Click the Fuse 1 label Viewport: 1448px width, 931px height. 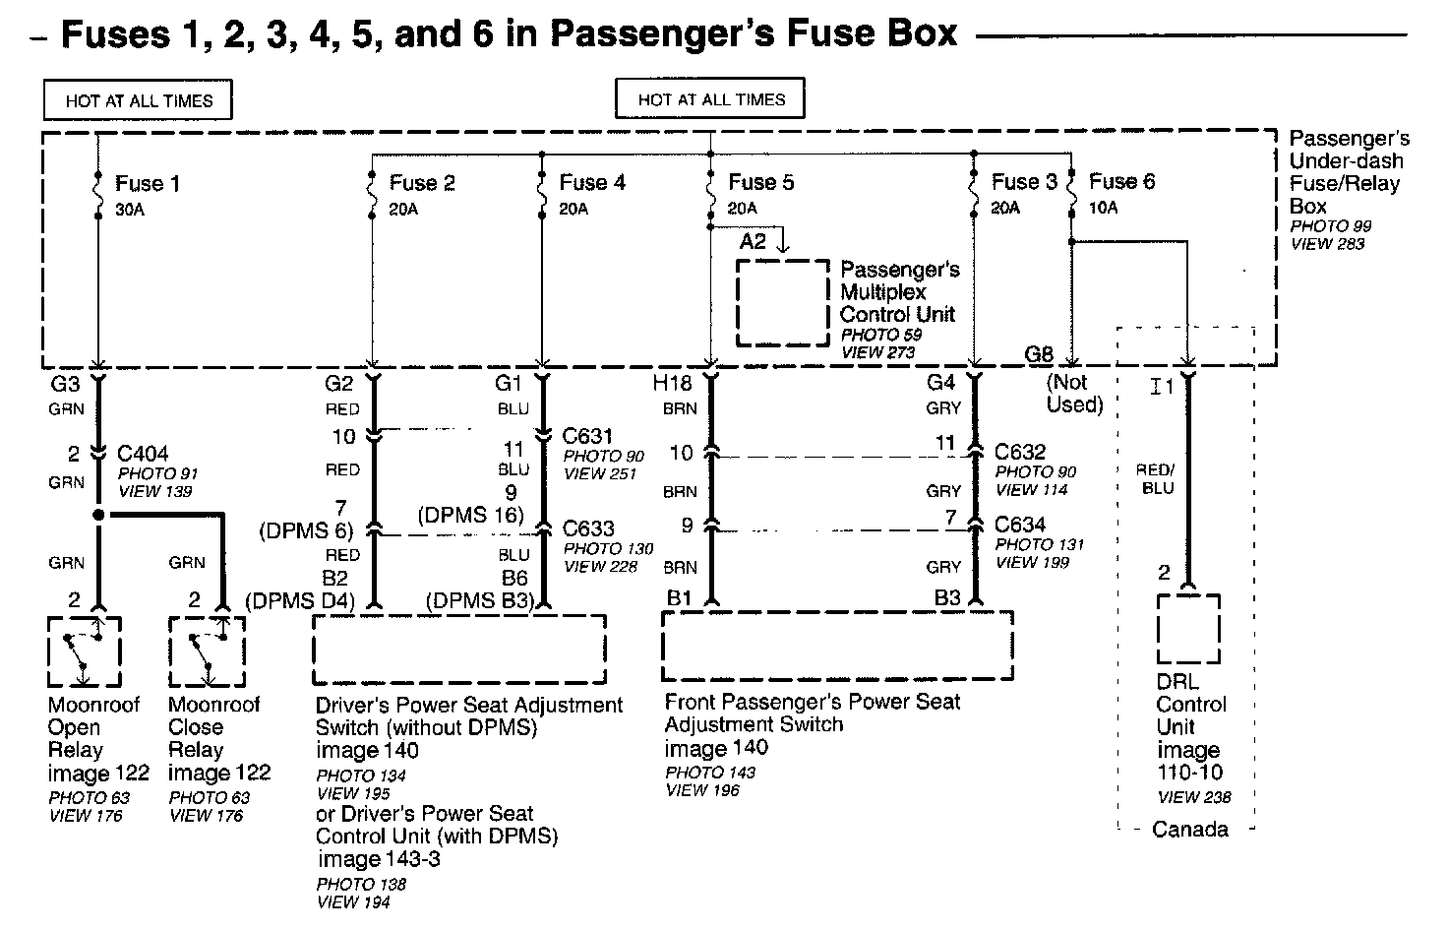pos(147,183)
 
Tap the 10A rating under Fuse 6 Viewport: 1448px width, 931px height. pos(1103,208)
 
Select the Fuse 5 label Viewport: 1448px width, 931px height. pos(760,182)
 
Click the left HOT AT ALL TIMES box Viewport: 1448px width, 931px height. pos(138,100)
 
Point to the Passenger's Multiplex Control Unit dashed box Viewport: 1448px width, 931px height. pos(783,302)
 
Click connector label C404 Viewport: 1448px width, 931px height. pos(143,454)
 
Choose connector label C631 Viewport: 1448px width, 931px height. pos(588,435)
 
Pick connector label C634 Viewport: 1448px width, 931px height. pos(1020,525)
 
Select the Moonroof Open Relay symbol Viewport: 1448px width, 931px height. pos(84,652)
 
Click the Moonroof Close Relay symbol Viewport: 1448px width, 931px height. pos(206,652)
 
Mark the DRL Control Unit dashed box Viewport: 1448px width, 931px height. pos(1188,629)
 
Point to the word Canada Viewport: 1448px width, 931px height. pos(1189,829)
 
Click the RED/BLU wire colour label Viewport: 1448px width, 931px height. pos(1157,479)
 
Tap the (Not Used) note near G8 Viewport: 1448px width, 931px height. pos(1074,394)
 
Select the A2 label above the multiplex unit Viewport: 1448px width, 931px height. pos(753,241)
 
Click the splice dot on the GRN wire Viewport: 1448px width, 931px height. pos(98,515)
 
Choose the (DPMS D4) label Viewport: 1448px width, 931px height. pos(294,600)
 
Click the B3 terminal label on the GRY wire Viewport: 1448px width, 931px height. pos(947,597)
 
